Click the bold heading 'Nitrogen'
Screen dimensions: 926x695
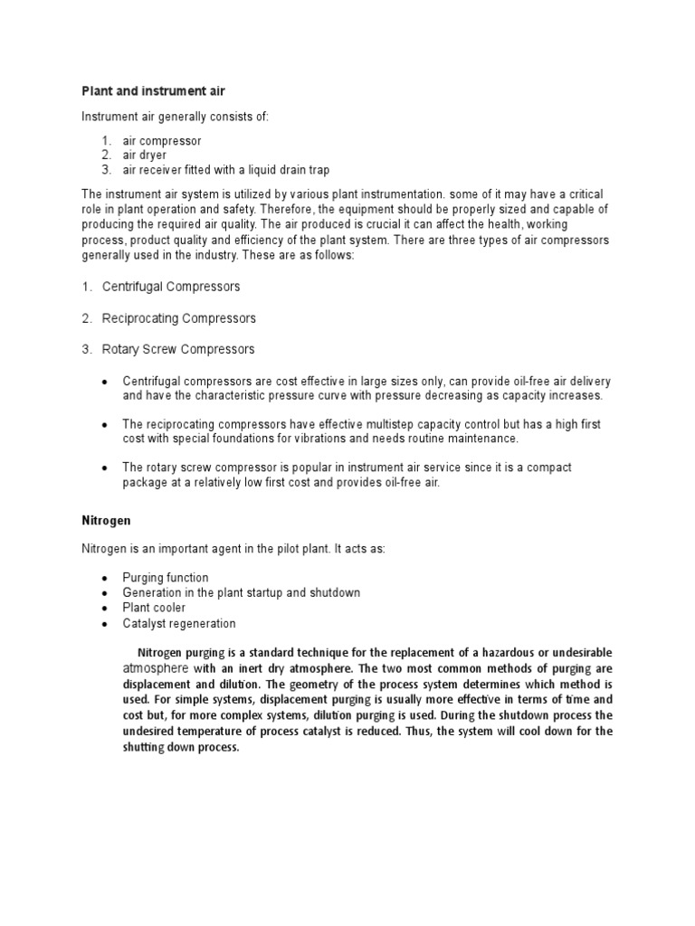107,521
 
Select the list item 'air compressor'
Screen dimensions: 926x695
162,140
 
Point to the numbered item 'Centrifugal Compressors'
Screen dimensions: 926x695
171,287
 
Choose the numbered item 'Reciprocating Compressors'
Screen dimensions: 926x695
179,318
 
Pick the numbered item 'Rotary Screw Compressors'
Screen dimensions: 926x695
178,349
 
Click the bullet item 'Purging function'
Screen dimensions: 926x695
166,577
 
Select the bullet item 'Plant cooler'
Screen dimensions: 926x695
154,608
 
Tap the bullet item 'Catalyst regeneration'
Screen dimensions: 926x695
179,623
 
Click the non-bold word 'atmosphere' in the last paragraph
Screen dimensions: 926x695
155,668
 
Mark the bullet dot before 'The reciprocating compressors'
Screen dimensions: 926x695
106,424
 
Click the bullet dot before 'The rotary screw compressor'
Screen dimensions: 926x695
106,468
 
